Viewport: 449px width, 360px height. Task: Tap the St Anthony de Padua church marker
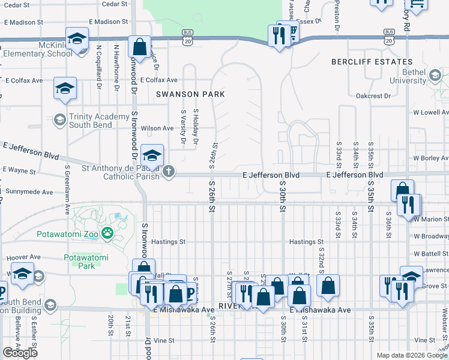(169, 172)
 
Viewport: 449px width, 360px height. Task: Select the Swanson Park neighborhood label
(190, 94)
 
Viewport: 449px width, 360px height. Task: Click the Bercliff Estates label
(372, 62)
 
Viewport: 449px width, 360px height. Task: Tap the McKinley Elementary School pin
(77, 40)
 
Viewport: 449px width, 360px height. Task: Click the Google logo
(20, 352)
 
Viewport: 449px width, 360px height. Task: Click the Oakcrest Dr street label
(373, 95)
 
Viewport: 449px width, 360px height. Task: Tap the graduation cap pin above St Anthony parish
(152, 155)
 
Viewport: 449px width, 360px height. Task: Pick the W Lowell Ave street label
(430, 112)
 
